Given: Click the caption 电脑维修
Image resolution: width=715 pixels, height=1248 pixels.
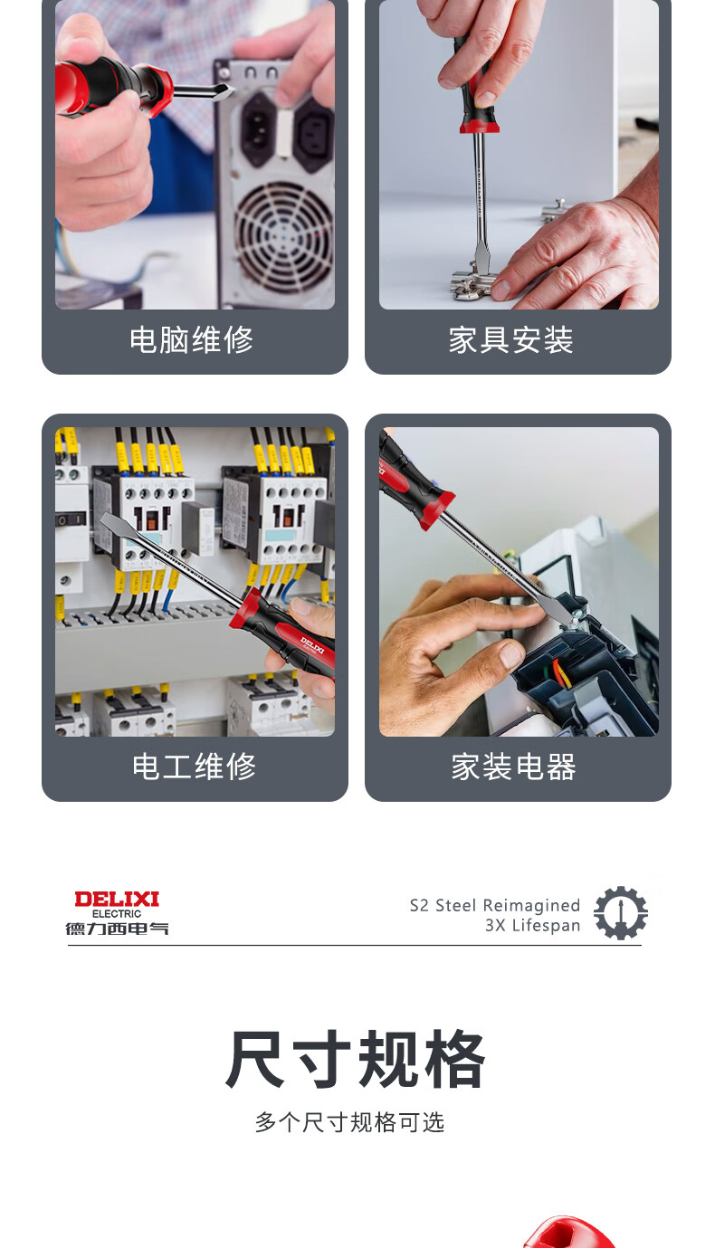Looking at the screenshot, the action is (x=191, y=339).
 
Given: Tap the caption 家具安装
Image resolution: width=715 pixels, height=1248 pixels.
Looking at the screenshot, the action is (x=511, y=339).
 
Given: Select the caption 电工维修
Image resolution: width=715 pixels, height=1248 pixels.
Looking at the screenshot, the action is (x=194, y=766).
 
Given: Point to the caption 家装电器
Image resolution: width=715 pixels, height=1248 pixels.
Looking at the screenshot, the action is (x=513, y=766).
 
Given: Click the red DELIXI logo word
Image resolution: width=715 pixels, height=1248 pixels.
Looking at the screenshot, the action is (x=117, y=900).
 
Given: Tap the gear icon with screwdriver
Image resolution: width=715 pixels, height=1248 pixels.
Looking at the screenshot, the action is (x=620, y=913).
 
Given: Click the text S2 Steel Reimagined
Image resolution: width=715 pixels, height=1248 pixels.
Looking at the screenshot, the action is (x=495, y=905).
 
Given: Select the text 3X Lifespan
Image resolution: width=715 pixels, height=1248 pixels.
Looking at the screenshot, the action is (x=532, y=926).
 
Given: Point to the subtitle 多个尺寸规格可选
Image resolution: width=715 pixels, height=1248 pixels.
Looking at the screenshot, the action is (x=349, y=1122).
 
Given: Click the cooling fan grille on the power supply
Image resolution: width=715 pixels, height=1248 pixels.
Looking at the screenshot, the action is (x=283, y=235).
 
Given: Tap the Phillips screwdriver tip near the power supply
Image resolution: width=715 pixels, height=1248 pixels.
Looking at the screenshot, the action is (x=224, y=91).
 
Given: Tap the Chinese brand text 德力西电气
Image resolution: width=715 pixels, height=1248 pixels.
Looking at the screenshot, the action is (x=117, y=929).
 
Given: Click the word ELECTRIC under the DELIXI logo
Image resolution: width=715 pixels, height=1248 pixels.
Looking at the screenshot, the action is (x=117, y=914).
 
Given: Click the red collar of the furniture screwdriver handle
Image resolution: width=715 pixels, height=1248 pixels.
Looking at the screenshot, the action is (x=480, y=126).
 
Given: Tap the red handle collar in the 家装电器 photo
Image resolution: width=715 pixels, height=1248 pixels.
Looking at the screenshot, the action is (x=437, y=509).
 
